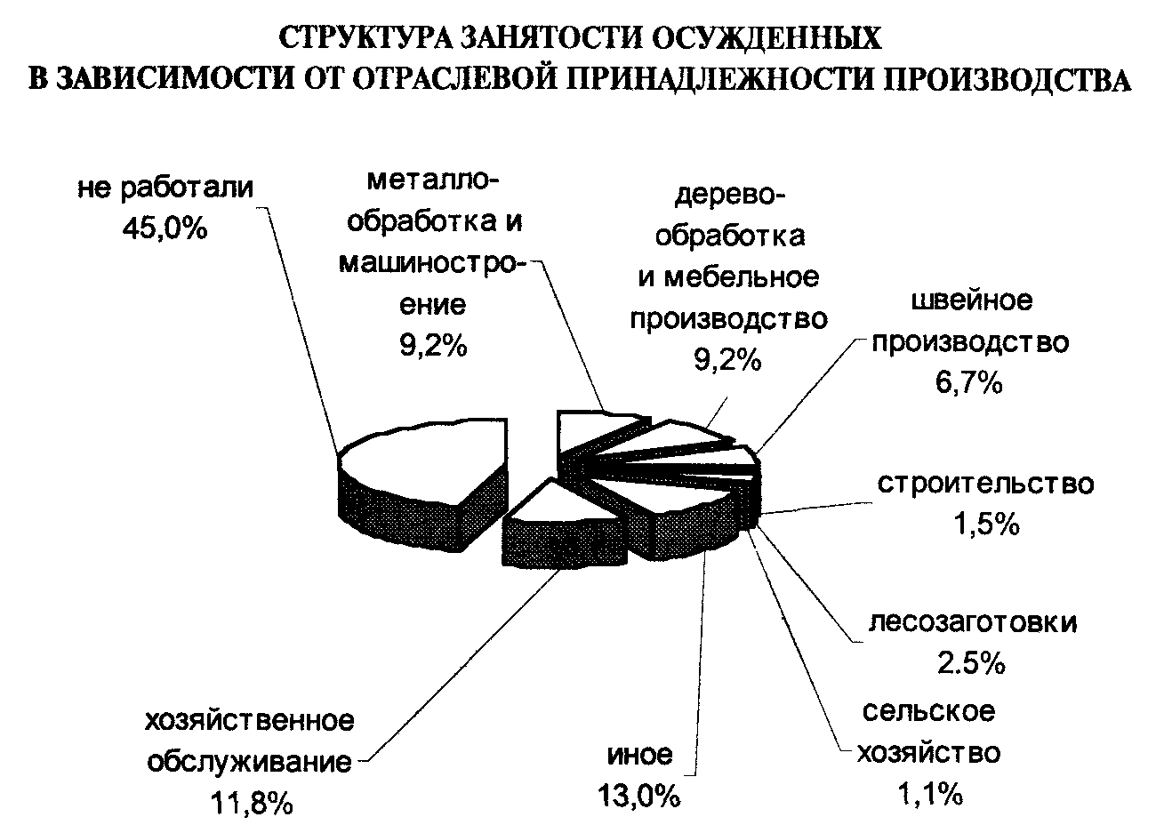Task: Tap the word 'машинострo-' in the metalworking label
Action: [x=433, y=264]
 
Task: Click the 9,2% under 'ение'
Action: [x=433, y=346]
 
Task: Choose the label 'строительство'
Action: [x=985, y=485]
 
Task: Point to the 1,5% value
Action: [x=984, y=525]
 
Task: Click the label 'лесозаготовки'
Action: [x=973, y=621]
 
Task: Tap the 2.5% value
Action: [x=973, y=663]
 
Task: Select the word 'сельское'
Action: [x=927, y=712]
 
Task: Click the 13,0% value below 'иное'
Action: [x=641, y=795]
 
